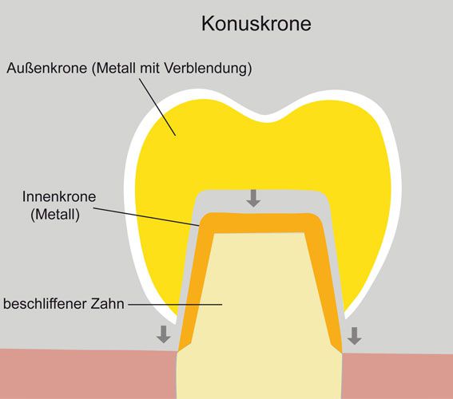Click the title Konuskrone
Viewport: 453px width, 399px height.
256,23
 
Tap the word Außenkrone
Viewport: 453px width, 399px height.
47,68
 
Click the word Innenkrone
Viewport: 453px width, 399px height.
59,196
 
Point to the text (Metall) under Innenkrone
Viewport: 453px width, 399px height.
55,215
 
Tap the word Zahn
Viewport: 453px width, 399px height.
107,304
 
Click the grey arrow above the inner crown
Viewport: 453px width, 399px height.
253,198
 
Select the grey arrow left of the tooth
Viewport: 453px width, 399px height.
164,334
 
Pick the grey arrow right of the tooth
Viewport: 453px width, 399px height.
355,336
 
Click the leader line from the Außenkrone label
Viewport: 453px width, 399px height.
157,107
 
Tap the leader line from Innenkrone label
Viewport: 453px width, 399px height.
146,216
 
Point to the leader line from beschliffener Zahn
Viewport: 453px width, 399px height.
175,304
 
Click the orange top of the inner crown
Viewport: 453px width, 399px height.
259,223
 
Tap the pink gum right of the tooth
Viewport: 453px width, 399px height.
398,376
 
